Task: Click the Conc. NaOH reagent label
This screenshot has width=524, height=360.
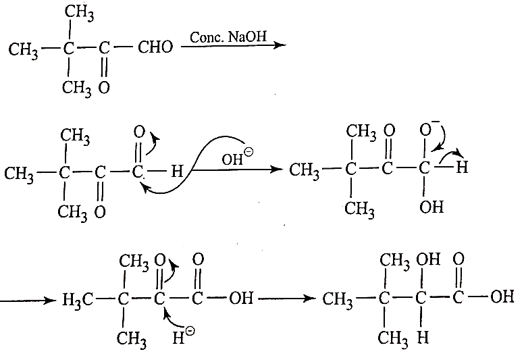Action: (228, 36)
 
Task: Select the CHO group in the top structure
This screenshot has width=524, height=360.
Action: (155, 47)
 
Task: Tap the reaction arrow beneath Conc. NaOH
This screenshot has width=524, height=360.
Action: (234, 45)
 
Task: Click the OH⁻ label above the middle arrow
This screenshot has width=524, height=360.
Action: (237, 157)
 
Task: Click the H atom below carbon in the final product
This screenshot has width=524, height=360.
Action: (423, 337)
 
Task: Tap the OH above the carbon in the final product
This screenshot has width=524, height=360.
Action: (428, 259)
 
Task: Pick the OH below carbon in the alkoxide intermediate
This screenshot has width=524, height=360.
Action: (431, 207)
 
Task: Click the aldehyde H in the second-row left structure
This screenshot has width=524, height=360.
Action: (177, 172)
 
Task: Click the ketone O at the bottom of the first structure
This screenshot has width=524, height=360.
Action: (104, 88)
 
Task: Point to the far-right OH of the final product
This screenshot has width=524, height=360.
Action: (502, 296)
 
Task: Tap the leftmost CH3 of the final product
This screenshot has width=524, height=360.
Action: (337, 299)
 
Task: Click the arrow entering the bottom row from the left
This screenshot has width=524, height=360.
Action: (28, 301)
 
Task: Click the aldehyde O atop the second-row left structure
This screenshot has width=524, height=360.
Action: (139, 132)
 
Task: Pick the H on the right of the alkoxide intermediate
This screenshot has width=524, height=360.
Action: (462, 167)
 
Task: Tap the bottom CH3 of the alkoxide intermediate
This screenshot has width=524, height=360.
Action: (360, 209)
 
